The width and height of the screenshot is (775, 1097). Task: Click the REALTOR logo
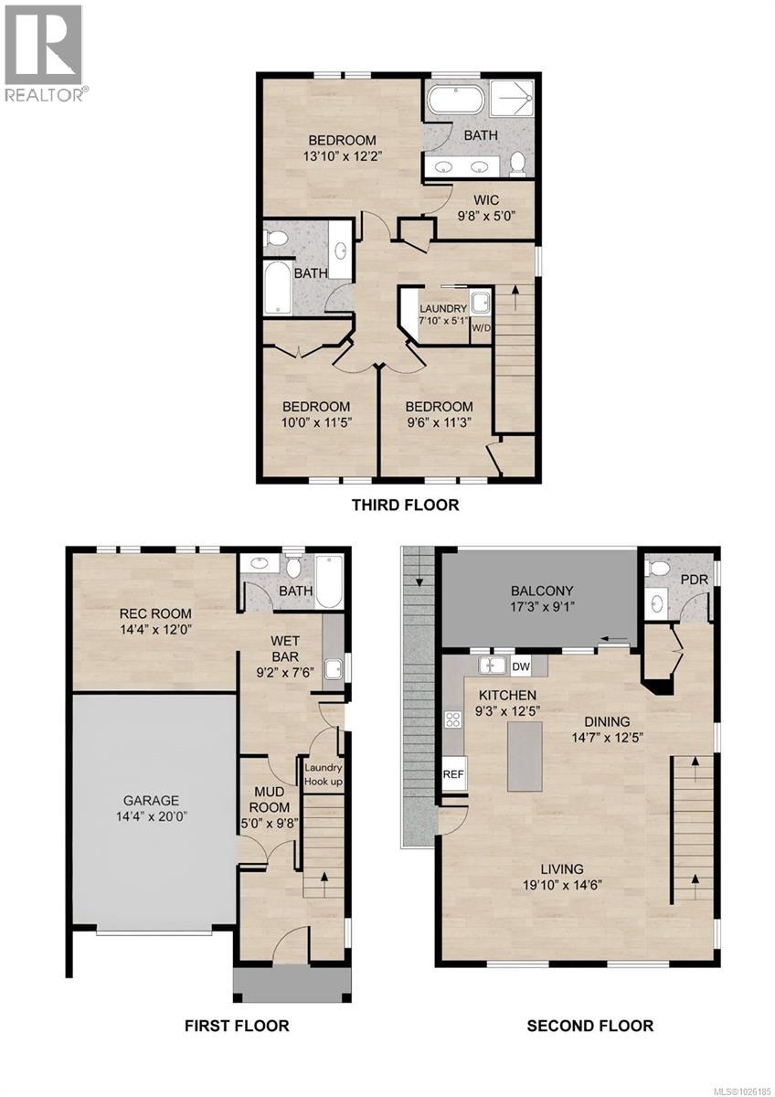pos(46,52)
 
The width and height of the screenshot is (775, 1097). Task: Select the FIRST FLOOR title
pos(237,1026)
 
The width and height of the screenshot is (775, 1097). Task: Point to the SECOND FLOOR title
pos(589,1026)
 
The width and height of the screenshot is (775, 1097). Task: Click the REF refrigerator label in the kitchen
pos(453,772)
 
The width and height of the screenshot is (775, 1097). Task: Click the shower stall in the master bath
pos(513,97)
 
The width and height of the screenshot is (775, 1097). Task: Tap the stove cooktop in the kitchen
pos(451,719)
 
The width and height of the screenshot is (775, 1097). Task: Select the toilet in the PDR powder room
pos(655,570)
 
